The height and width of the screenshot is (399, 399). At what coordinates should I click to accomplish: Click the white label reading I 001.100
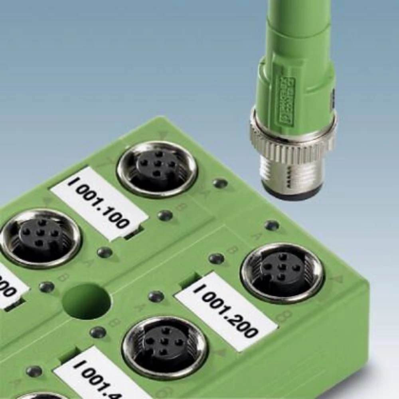pos(99,203)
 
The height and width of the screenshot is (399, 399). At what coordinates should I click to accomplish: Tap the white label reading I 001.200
pos(226,311)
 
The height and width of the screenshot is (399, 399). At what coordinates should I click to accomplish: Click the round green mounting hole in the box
pos(86,302)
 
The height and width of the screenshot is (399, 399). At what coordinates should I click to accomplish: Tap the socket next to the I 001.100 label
pos(157,169)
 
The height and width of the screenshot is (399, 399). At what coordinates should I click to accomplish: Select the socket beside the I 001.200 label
pos(282,273)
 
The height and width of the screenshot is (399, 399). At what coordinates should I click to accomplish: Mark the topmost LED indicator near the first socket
pos(220,183)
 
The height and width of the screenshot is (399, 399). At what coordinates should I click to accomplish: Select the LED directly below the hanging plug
pos(272,225)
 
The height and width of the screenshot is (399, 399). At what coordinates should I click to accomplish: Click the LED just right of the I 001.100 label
pos(165,215)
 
